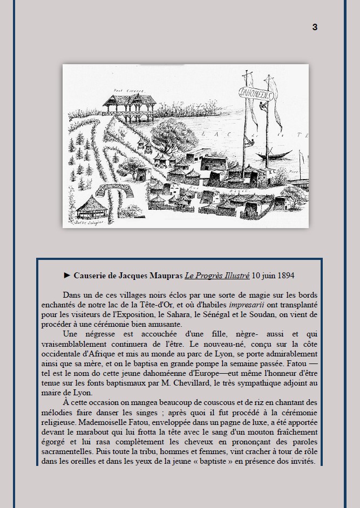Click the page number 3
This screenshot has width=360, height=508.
[315, 28]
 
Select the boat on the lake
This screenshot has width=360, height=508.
[276, 156]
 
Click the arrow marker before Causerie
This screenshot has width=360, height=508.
[67, 275]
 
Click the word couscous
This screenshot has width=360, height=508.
[172, 402]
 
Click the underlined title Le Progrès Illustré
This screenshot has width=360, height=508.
[216, 275]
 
